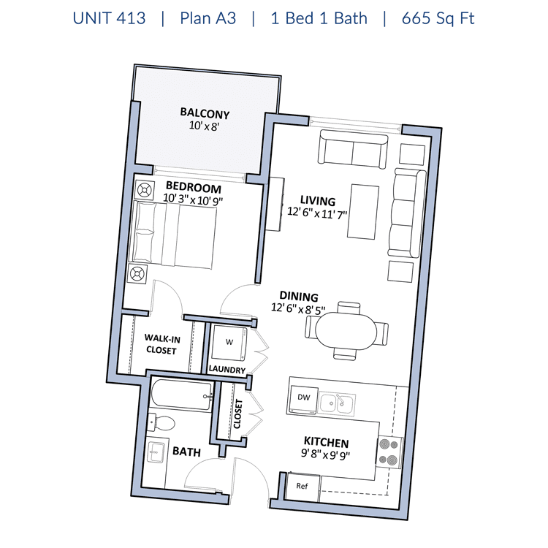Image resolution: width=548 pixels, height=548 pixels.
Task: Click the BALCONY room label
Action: [x=205, y=113]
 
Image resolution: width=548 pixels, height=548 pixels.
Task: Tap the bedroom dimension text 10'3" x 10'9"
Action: [x=193, y=199]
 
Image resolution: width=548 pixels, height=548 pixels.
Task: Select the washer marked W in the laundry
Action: [x=229, y=343]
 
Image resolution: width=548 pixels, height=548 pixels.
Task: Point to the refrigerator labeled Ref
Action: [x=302, y=487]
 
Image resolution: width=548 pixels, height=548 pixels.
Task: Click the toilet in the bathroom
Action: [x=161, y=423]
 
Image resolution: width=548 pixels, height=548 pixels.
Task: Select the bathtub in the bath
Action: [x=181, y=395]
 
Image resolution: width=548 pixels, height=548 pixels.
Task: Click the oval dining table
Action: [x=346, y=331]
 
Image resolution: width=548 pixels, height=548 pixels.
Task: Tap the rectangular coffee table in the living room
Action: [x=363, y=212]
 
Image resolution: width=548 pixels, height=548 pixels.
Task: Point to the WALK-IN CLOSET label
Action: [x=161, y=344]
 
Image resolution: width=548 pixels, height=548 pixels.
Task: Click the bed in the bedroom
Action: [x=173, y=235]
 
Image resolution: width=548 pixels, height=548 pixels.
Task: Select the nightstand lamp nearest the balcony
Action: [x=144, y=191]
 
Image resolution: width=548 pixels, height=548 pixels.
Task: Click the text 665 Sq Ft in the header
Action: [x=438, y=18]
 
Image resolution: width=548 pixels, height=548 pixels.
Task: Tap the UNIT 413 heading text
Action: [x=109, y=18]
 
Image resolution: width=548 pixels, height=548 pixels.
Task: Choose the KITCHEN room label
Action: [x=326, y=443]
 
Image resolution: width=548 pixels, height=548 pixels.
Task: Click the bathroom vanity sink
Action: [x=156, y=452]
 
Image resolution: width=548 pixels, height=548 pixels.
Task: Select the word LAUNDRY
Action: [x=227, y=370]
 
